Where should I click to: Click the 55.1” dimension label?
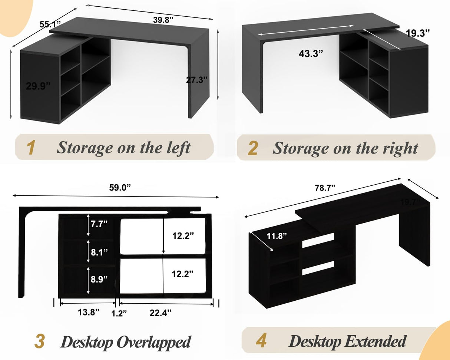(x=50, y=25)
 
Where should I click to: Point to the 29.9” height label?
(x=38, y=86)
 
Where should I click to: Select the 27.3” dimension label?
(x=196, y=80)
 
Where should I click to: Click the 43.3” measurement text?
(x=311, y=53)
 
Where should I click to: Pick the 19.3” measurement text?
(x=418, y=33)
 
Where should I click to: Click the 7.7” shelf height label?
(x=99, y=224)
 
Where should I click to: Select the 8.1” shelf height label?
(x=99, y=252)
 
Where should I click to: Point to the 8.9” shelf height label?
(x=99, y=278)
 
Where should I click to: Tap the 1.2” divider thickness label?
(x=119, y=313)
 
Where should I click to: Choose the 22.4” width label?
(x=161, y=313)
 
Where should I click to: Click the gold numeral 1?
(x=32, y=148)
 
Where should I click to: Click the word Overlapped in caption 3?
(x=153, y=342)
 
